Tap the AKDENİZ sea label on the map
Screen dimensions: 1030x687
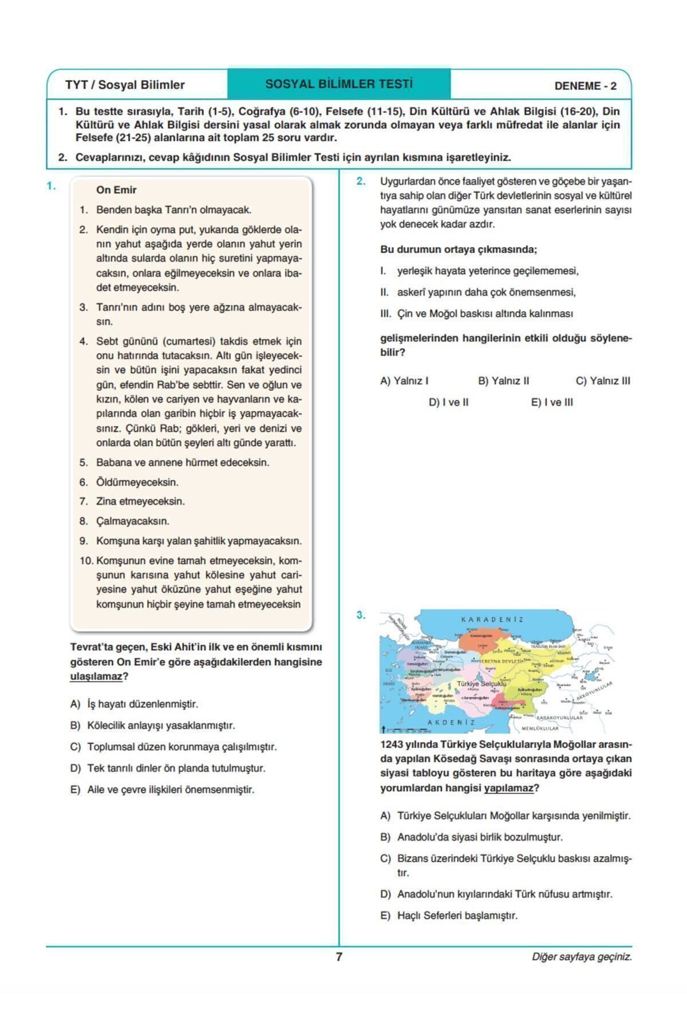pos(451,722)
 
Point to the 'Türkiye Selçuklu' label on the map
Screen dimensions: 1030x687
pos(481,684)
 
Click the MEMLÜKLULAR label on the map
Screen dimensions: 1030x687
pos(540,728)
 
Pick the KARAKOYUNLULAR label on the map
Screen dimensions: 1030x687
pos(559,718)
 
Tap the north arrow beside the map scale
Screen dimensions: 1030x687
pos(382,728)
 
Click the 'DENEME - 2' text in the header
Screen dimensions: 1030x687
pos(585,86)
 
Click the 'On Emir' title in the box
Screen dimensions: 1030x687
pos(116,190)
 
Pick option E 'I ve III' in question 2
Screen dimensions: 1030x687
pos(552,402)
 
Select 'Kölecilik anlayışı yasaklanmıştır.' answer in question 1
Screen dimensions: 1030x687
pos(160,726)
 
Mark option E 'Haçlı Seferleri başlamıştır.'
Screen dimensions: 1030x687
pos(456,916)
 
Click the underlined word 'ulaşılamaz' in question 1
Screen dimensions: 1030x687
pos(96,676)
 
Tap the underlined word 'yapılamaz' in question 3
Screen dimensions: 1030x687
pos(508,788)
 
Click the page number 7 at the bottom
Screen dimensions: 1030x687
pos(339,957)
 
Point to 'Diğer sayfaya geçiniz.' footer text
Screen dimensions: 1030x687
pos(582,957)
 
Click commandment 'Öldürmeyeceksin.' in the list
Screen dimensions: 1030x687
pos(137,482)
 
